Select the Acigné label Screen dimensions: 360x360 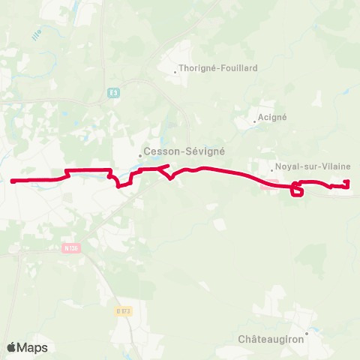(x=272, y=117)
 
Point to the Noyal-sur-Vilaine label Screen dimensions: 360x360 (x=303, y=168)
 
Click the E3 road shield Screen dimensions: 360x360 (x=113, y=93)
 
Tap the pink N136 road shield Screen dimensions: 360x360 (x=71, y=248)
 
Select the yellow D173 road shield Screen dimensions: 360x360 (x=124, y=310)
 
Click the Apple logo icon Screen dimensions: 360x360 (x=12, y=347)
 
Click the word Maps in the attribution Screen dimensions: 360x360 (x=32, y=347)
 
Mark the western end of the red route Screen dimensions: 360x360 (x=13, y=181)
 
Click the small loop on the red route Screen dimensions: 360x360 (x=297, y=192)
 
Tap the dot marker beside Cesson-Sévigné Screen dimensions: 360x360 (x=139, y=155)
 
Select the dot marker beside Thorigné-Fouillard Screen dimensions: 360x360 (x=175, y=73)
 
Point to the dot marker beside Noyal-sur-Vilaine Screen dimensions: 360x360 (x=272, y=169)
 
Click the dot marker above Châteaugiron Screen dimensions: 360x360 (x=307, y=331)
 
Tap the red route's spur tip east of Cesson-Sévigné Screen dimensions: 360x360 (x=167, y=166)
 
